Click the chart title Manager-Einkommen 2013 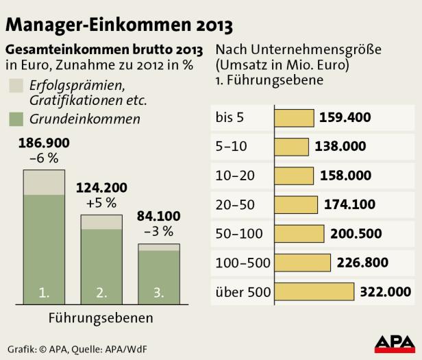pyautogui.click(x=119, y=25)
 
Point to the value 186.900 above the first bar pyautogui.click(x=45, y=144)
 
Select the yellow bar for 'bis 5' pyautogui.click(x=295, y=117)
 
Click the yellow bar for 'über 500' pyautogui.click(x=314, y=292)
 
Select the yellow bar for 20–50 pyautogui.click(x=297, y=204)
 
